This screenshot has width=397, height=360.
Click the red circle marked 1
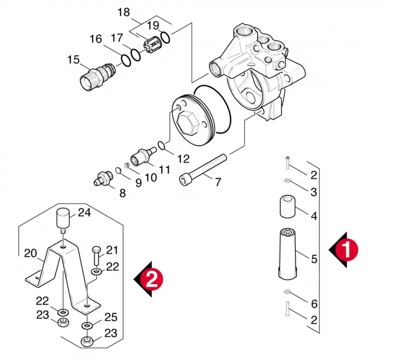point(346,250)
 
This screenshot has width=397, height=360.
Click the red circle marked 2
point(152,279)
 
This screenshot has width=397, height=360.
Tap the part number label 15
point(73,60)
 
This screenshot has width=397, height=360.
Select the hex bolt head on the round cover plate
point(187,123)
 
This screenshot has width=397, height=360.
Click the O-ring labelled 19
point(165,38)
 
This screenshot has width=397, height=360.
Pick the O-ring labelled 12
point(161,145)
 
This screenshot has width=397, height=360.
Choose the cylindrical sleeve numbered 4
point(288,206)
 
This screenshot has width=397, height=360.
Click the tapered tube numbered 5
point(287,254)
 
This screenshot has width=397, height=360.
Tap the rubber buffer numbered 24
point(63,220)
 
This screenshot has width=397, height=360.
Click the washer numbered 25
point(87,325)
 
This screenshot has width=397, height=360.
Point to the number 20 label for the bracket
point(30,253)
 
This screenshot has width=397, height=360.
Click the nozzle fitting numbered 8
point(103,178)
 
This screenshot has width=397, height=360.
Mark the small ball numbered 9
point(118,171)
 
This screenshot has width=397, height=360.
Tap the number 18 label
point(124,12)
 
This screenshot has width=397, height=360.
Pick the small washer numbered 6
point(287,292)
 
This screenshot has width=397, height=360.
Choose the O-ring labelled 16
point(126,60)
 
